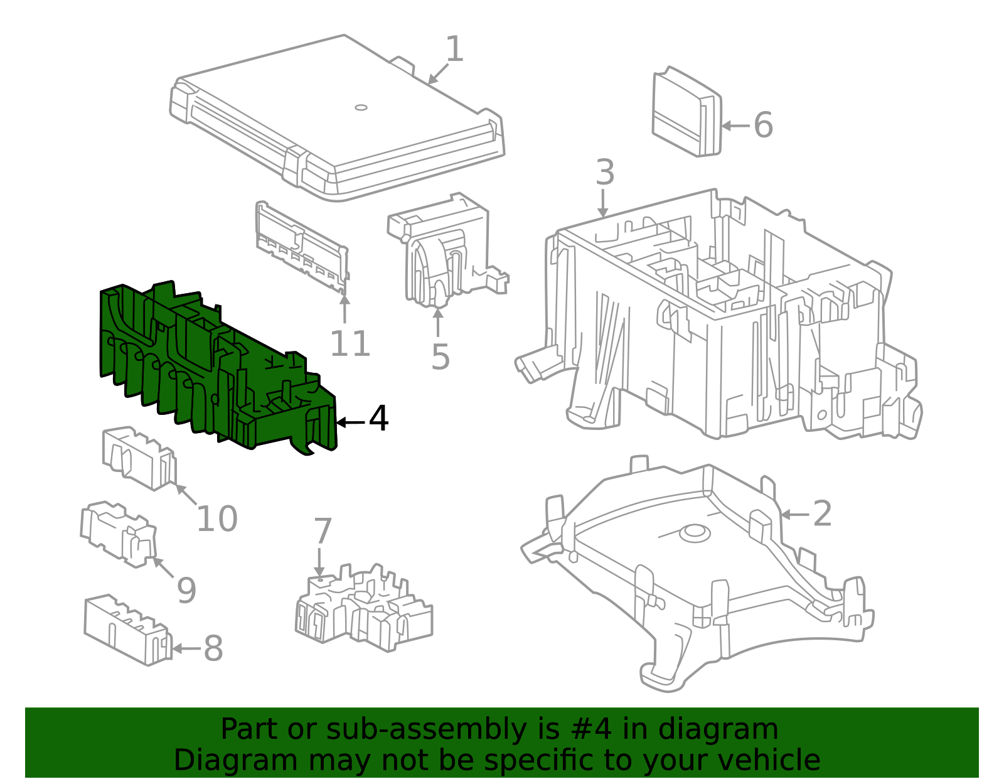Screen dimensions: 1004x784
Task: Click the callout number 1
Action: point(455,49)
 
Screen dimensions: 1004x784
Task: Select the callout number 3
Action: point(605,173)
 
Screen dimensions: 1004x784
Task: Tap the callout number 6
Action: point(763,125)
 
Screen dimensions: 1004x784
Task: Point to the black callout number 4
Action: point(378,419)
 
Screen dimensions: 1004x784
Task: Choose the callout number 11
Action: point(350,344)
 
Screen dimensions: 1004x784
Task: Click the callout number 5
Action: point(441,357)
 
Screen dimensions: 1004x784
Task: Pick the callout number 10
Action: point(217,518)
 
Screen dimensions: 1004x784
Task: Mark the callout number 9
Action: point(186,590)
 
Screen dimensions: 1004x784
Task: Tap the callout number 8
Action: point(213,648)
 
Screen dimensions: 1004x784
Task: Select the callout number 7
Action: point(323,531)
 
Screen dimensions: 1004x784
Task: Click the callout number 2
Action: point(822,513)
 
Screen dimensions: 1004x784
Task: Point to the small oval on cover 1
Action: point(361,107)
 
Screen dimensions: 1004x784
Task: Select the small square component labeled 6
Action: point(686,112)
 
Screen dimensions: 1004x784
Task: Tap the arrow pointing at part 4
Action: point(351,422)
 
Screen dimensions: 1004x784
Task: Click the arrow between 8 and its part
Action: point(186,648)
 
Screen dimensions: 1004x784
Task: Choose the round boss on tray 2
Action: point(695,532)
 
